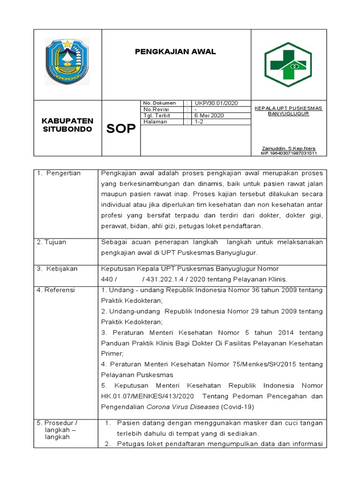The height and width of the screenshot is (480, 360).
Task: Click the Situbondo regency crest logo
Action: [x=67, y=61]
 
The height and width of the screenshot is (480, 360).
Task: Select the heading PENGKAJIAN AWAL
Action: [x=176, y=52]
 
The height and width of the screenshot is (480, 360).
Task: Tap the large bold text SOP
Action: [x=120, y=129]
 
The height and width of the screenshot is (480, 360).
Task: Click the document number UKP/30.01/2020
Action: [x=217, y=103]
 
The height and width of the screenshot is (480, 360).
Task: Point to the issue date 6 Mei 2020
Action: [x=209, y=115]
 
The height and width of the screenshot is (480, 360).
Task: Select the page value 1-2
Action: [x=199, y=121]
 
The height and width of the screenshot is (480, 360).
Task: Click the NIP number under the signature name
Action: [x=288, y=153]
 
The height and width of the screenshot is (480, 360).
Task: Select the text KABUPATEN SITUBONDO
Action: [x=67, y=125]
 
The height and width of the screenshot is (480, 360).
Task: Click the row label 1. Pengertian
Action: [x=59, y=173]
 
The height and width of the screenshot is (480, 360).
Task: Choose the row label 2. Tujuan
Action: [x=52, y=242]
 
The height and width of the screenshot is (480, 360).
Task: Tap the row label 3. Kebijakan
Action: [x=57, y=269]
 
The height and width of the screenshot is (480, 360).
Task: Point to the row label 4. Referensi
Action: [x=56, y=290]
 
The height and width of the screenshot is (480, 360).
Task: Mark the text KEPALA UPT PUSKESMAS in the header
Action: [x=288, y=108]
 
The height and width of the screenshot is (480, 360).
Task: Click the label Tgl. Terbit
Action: [x=157, y=115]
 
